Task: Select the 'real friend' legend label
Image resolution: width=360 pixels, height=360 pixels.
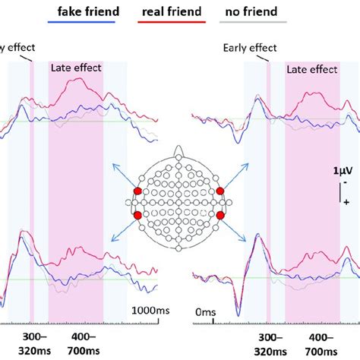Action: [171, 11]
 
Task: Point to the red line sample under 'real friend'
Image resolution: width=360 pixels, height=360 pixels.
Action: [171, 23]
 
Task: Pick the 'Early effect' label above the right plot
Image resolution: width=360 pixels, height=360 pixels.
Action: [249, 48]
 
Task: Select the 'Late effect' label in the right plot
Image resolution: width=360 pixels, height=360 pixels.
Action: [311, 69]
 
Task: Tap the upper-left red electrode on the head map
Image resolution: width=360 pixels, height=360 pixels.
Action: [138, 191]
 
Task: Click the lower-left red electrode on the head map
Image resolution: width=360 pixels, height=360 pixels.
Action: [138, 216]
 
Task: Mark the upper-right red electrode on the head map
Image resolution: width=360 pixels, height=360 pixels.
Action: [219, 191]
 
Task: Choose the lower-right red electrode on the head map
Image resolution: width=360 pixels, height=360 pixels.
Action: [219, 216]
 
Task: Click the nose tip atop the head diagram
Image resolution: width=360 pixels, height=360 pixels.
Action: [179, 150]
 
